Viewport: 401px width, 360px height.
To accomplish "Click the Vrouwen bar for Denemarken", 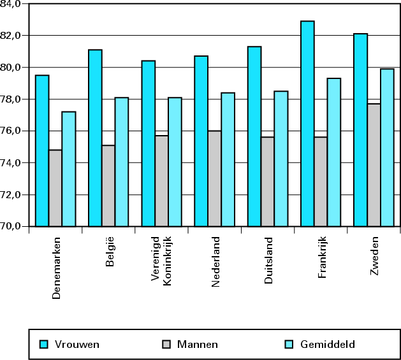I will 42,151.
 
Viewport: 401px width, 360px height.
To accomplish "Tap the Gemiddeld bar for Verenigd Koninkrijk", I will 175,162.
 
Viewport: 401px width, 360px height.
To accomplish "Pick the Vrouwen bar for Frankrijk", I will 307,124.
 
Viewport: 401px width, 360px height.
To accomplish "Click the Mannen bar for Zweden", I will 374,165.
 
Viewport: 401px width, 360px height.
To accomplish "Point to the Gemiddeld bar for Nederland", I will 228,159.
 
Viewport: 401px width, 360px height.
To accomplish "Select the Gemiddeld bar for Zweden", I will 387,147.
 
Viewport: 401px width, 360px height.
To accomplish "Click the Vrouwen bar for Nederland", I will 201,141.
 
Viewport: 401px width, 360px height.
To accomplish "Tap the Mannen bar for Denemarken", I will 55,188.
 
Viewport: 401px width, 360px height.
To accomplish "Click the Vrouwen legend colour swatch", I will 43,345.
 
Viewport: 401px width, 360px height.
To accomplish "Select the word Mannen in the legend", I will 198,345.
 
